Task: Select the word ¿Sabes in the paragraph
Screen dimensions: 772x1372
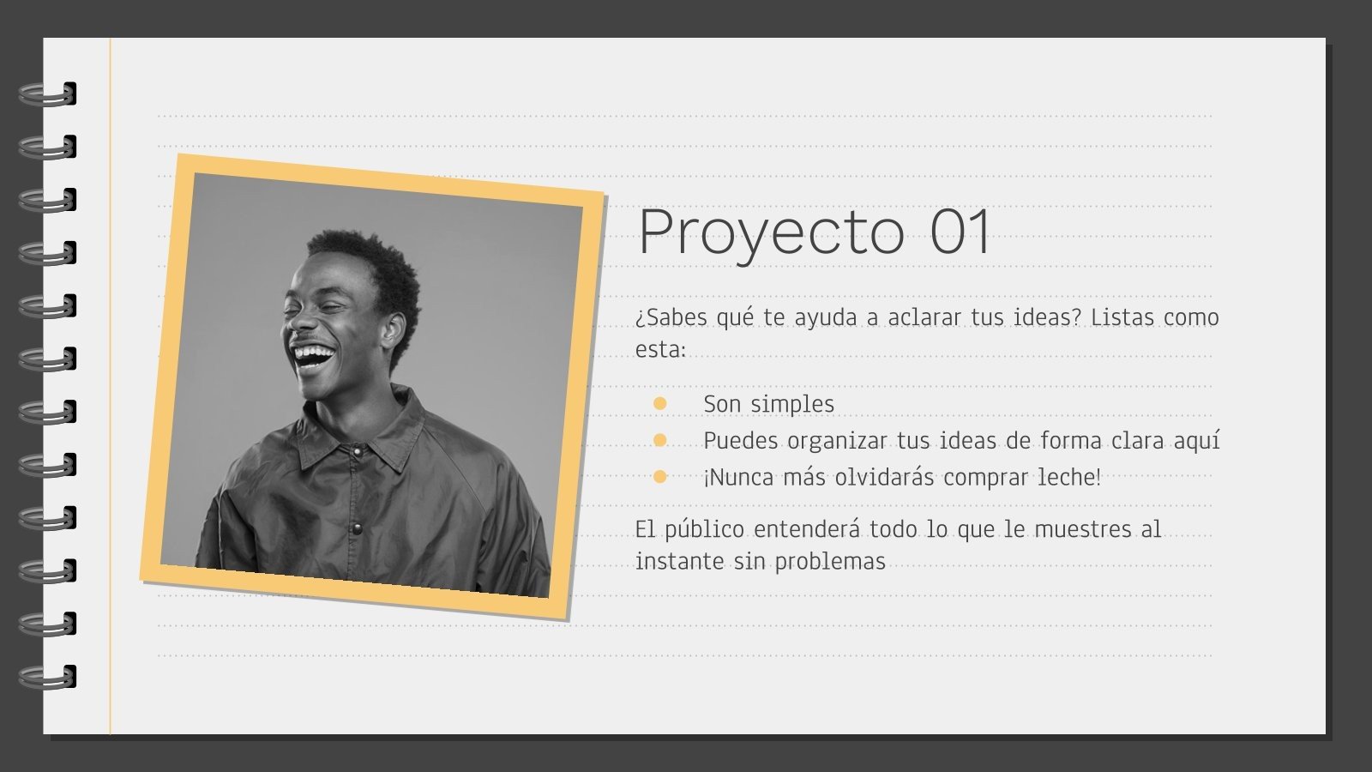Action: click(671, 317)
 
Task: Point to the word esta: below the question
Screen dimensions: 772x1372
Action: click(660, 350)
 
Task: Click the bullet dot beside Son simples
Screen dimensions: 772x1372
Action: click(659, 403)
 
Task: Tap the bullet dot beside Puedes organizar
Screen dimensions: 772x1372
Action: click(659, 440)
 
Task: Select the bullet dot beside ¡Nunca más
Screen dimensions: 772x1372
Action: click(659, 477)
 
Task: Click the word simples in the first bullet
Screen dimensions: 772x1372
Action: click(794, 404)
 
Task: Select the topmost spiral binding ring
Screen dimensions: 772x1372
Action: click(48, 94)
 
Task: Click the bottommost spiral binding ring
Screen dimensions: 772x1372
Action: click(48, 677)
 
